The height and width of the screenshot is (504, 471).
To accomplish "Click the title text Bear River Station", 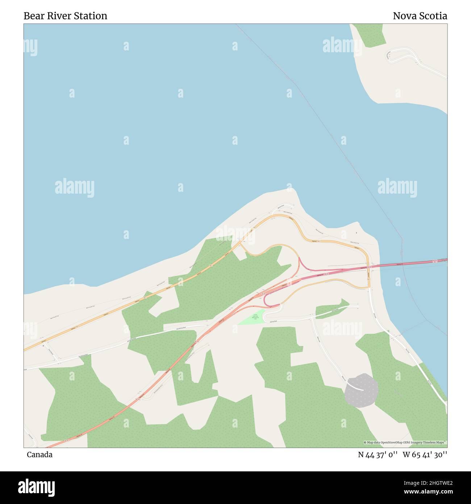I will tap(65, 16).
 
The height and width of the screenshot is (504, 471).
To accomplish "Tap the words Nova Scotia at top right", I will tap(420, 16).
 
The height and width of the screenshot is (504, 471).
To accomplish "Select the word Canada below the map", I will tap(39, 454).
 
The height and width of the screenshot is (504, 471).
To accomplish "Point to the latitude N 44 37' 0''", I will tap(378, 455).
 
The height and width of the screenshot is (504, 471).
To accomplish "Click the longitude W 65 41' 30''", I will tap(425, 455).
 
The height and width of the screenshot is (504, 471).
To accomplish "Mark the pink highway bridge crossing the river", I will tap(409, 264).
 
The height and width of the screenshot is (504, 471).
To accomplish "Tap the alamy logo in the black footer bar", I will tap(36, 487).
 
